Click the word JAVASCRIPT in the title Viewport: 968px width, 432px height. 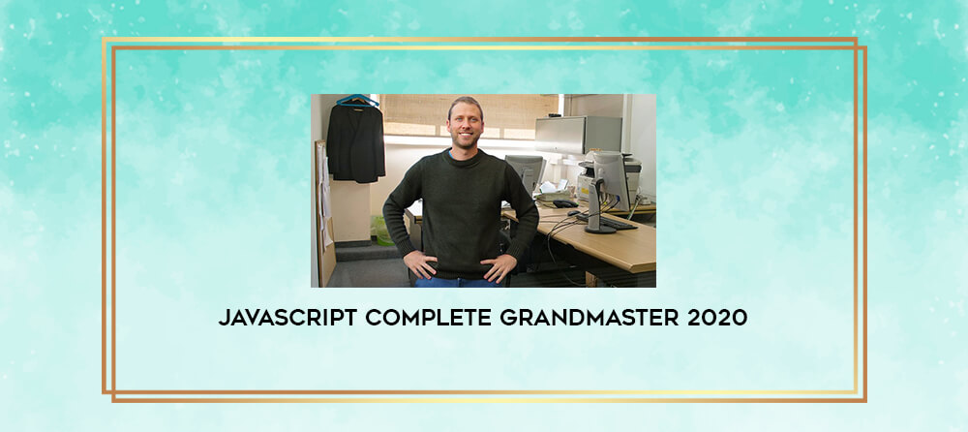(x=287, y=318)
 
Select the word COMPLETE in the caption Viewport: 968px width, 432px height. (x=428, y=318)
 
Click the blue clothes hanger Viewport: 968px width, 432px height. (x=357, y=100)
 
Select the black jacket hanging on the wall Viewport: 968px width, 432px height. (x=355, y=142)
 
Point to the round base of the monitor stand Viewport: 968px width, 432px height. (x=601, y=229)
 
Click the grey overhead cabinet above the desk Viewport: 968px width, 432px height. (x=579, y=135)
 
